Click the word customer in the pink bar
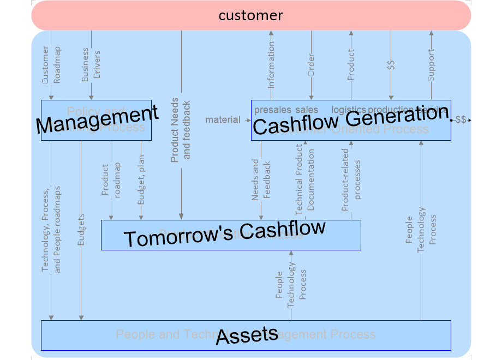251,15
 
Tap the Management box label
97,119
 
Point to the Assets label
247,335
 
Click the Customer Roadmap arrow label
51,64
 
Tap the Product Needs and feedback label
181,131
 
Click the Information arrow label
271,66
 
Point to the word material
223,119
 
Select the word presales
273,110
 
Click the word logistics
349,110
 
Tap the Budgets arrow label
81,229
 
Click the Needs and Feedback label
261,179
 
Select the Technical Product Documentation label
304,180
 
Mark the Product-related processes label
351,180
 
